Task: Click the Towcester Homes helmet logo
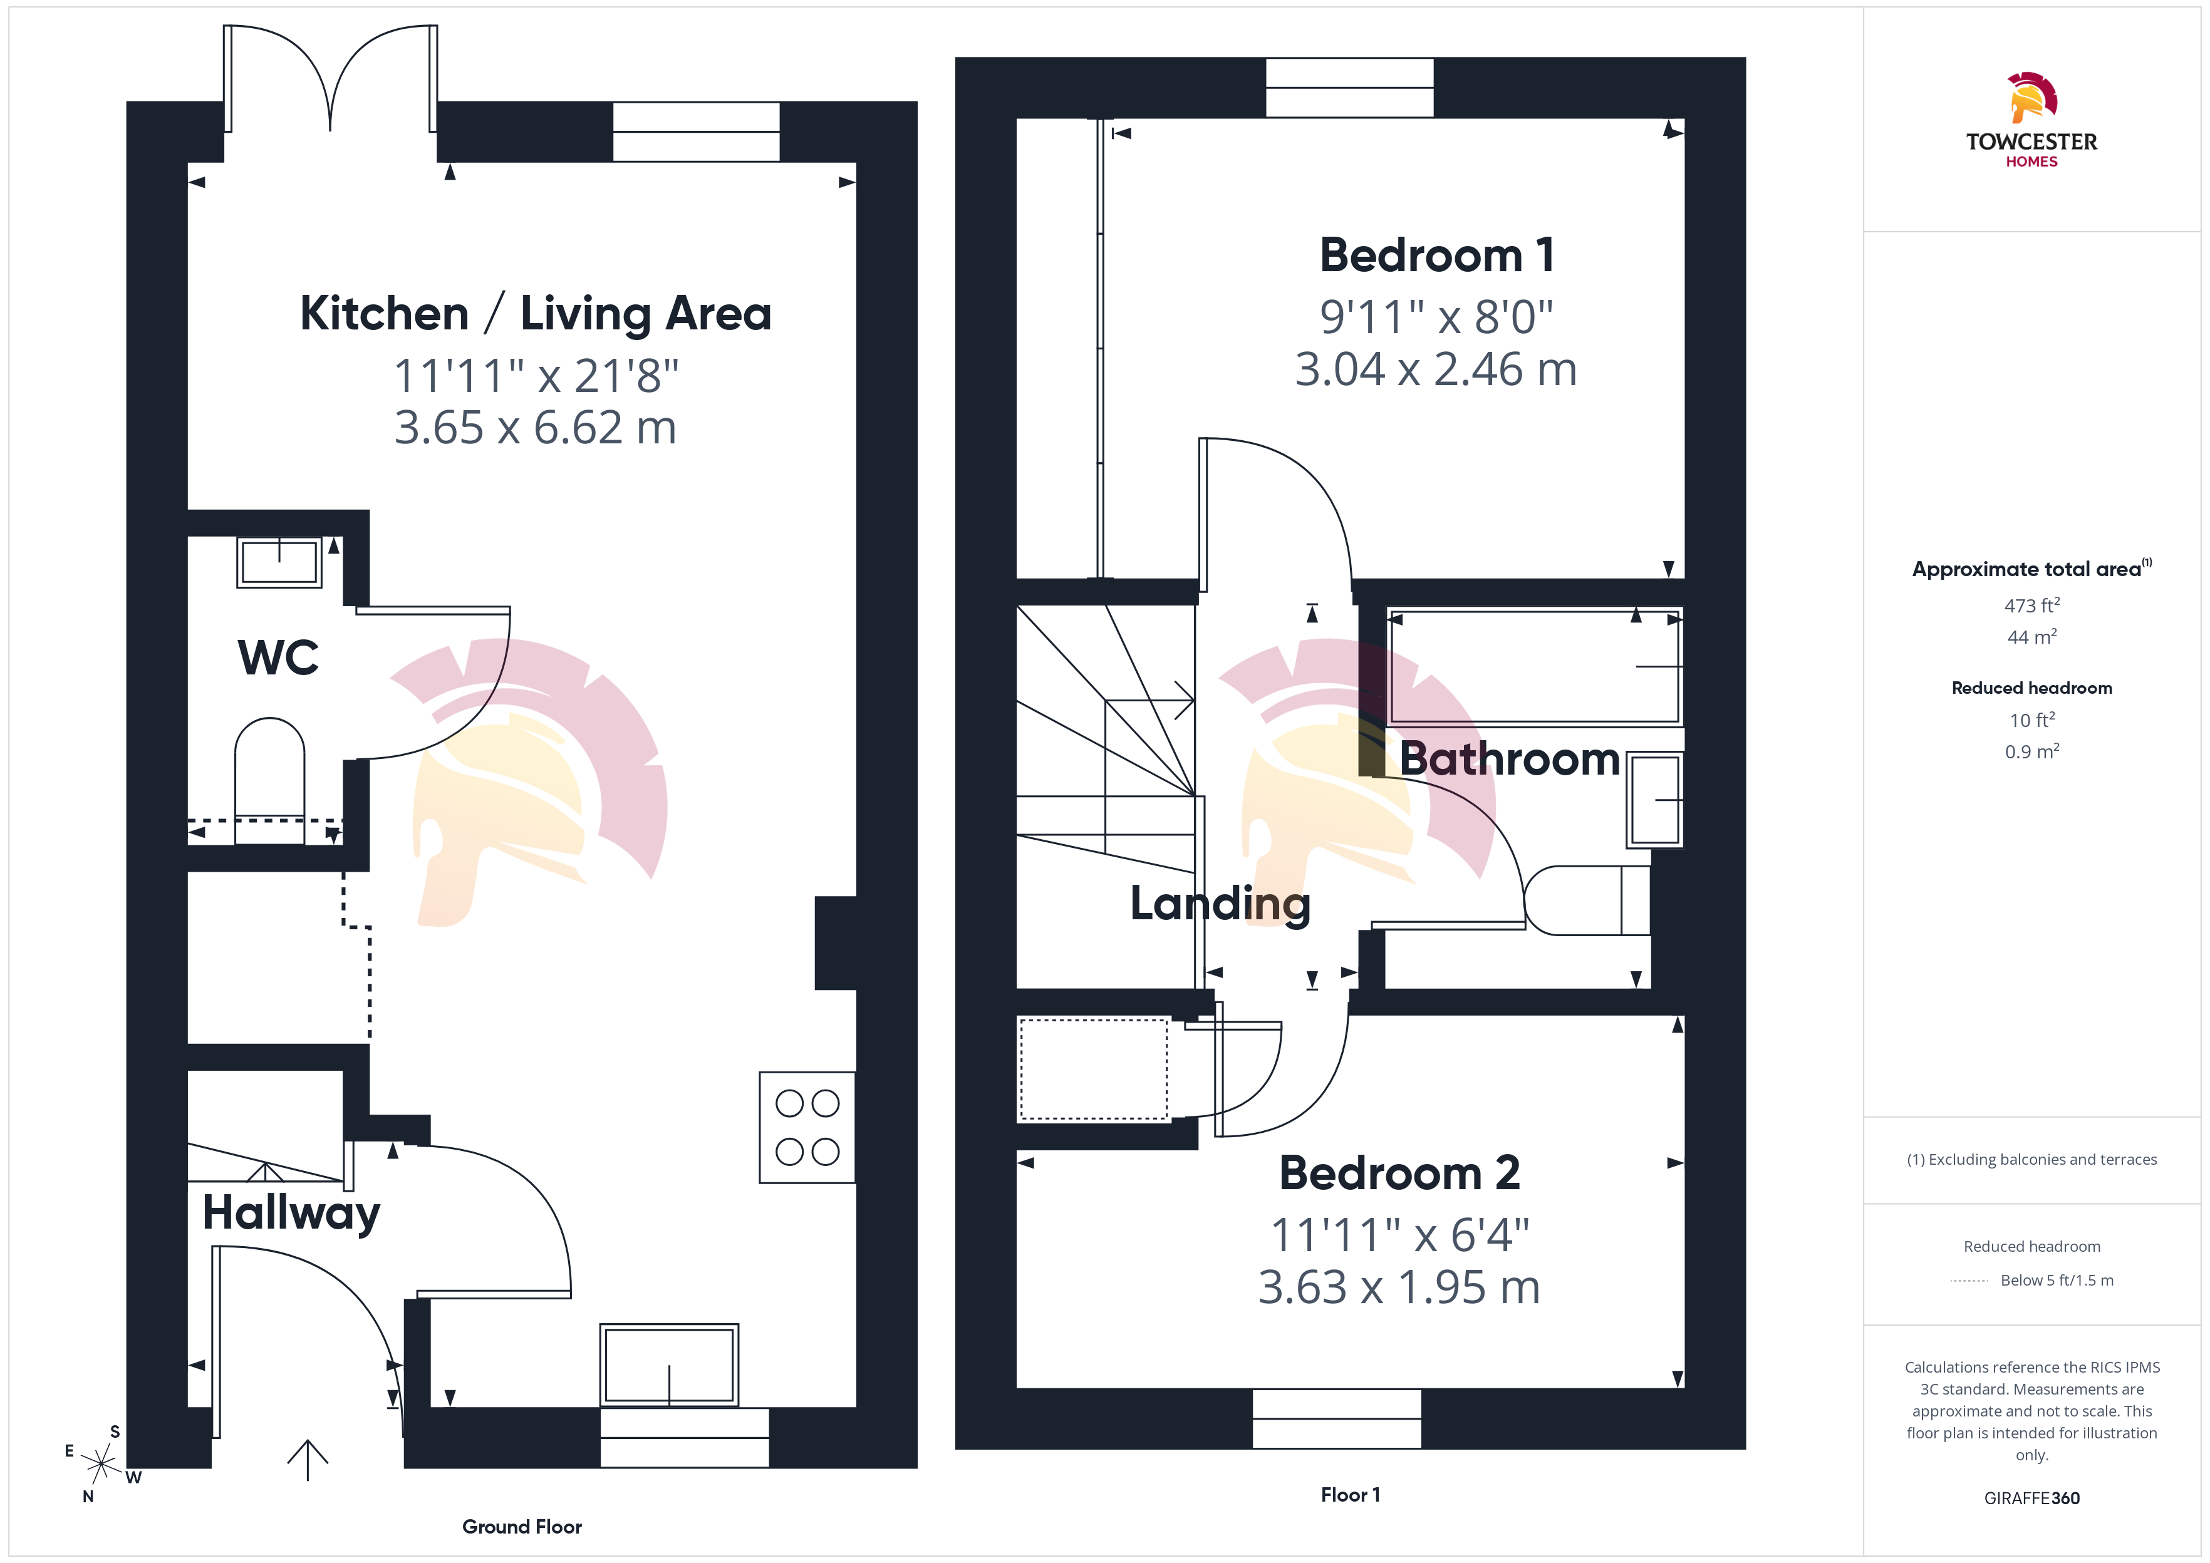(2032, 96)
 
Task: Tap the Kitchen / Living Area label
(535, 314)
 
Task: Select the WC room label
(278, 658)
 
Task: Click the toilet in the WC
(269, 780)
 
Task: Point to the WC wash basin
(279, 562)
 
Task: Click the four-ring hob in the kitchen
(807, 1127)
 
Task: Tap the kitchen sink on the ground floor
(669, 1364)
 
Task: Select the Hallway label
(291, 1213)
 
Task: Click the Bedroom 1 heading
(1436, 255)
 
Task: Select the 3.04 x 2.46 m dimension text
(1436, 369)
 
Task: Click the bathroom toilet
(1586, 900)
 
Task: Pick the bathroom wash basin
(1654, 800)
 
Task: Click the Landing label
(1220, 904)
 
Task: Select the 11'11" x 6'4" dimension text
(1399, 1235)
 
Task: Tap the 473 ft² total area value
(2032, 606)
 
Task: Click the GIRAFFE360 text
(2032, 1499)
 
